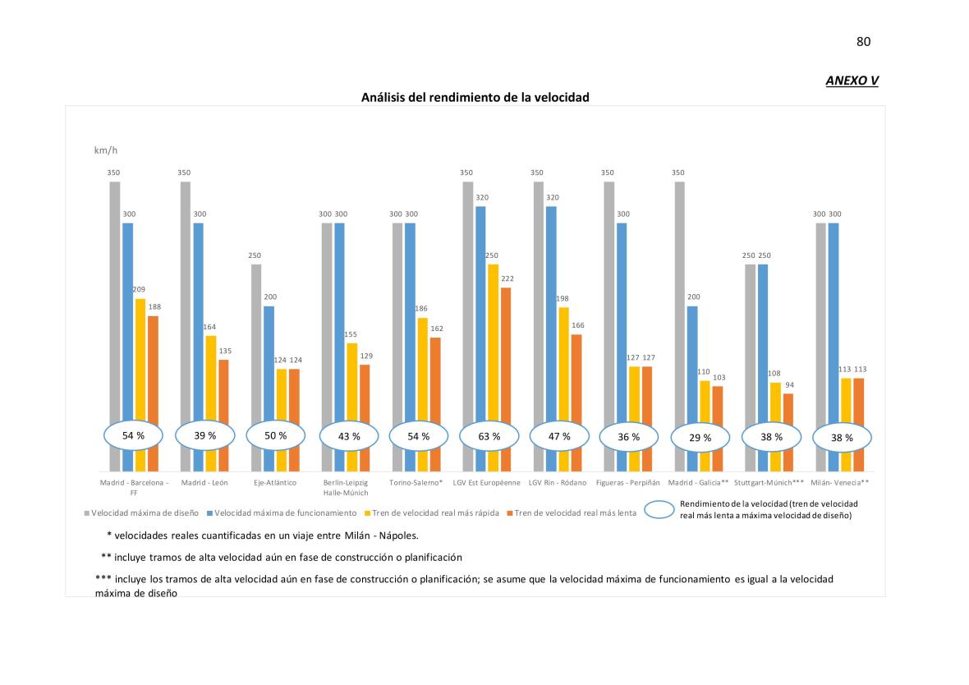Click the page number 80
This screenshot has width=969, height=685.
[863, 42]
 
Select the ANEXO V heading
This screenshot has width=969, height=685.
[852, 80]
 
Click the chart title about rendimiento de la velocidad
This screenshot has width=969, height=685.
[475, 98]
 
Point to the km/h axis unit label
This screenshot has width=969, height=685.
[106, 151]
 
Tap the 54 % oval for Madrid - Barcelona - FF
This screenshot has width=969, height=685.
[133, 436]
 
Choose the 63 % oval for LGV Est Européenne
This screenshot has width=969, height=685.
[489, 437]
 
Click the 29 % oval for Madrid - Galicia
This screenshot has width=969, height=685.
[700, 438]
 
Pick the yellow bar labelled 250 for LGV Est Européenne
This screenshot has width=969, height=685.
[493, 345]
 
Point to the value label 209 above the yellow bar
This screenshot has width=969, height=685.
[139, 289]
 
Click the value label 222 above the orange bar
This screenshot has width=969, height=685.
[507, 278]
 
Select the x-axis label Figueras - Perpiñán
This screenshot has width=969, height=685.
[630, 483]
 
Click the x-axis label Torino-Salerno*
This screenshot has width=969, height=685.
[416, 483]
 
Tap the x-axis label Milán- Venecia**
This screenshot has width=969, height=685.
[840, 483]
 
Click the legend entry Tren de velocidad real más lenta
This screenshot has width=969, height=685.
[573, 513]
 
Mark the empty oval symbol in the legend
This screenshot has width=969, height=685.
[659, 510]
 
